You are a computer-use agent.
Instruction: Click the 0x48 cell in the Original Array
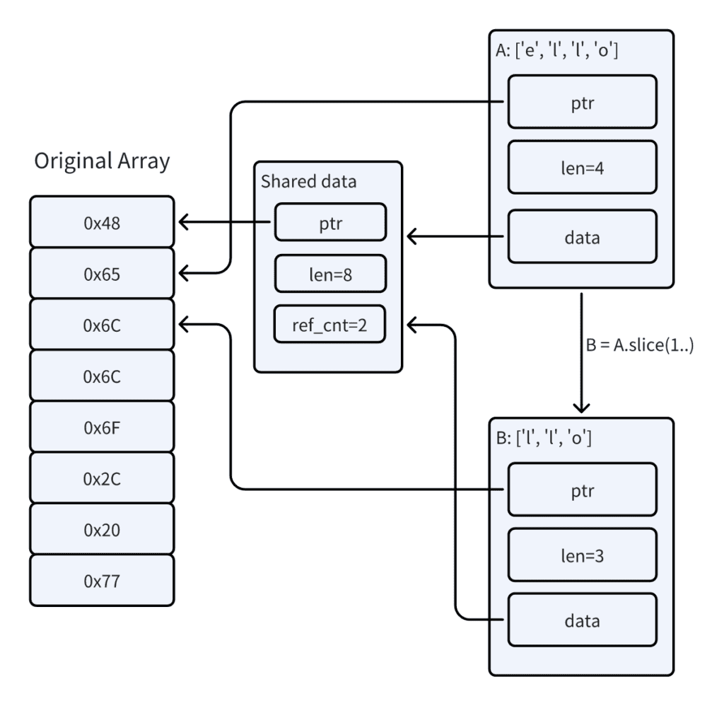pos(102,223)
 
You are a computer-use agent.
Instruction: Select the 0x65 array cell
pos(102,274)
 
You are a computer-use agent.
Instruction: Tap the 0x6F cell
pos(102,427)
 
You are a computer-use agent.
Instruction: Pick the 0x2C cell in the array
pos(102,478)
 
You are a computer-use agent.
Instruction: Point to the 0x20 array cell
pos(102,528)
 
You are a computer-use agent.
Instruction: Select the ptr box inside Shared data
pos(330,222)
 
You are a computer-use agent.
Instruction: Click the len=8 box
pos(330,273)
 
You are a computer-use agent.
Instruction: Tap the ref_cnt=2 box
pos(330,324)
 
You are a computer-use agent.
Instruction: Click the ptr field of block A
pos(581,103)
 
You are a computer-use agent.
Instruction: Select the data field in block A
pos(581,237)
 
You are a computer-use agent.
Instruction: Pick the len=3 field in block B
pos(581,556)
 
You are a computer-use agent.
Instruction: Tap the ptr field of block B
pos(581,490)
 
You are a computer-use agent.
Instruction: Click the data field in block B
pos(581,621)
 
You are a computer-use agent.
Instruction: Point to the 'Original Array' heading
pos(102,161)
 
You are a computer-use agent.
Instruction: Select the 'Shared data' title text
pos(309,180)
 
